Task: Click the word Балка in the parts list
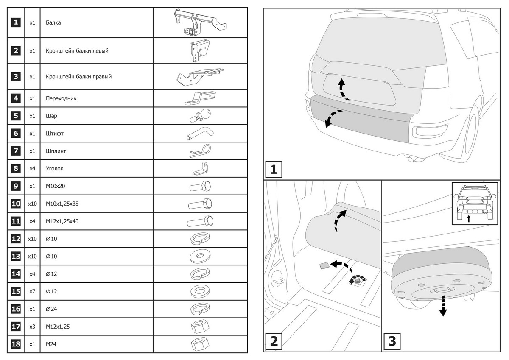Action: (53, 22)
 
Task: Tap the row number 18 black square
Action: (16, 344)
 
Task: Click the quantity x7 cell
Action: (32, 291)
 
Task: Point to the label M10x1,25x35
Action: (62, 204)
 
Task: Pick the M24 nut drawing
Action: (200, 344)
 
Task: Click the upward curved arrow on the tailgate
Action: (341, 89)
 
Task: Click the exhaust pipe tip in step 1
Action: (411, 160)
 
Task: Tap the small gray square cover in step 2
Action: (324, 266)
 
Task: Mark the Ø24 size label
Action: (51, 309)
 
